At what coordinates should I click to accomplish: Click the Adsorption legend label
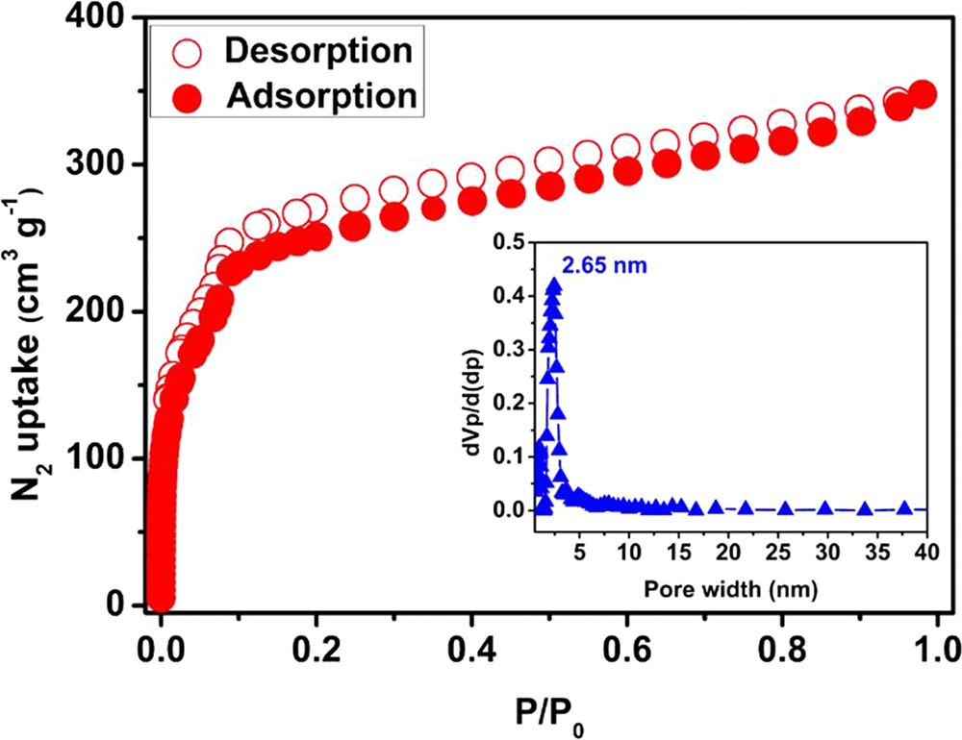click(321, 97)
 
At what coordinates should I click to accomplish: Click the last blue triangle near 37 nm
click(904, 509)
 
